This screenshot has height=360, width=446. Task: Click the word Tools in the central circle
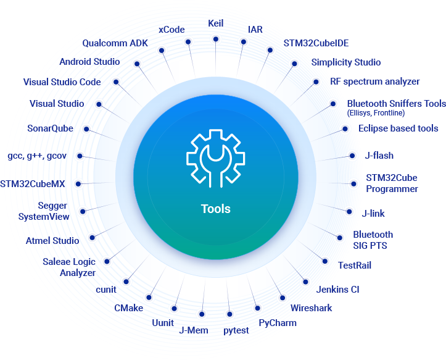[x=215, y=209]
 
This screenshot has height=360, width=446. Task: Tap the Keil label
[x=216, y=23]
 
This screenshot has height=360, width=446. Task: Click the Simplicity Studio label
[x=345, y=62]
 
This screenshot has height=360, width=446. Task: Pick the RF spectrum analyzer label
[x=374, y=82]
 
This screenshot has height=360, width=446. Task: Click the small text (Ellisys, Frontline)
[x=376, y=113]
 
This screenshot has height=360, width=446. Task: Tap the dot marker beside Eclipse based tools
[x=344, y=128]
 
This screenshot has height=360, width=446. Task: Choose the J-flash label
[x=378, y=156]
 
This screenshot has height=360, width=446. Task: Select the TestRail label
[x=355, y=266]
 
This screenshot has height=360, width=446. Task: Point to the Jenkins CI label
[x=337, y=289]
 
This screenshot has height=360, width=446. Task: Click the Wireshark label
[x=311, y=308]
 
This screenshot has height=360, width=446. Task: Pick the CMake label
[x=128, y=307]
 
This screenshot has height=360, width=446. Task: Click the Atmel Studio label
[x=52, y=240]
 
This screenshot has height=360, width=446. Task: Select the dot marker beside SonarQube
[x=87, y=129]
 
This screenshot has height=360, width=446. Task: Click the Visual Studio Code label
[x=62, y=82]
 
